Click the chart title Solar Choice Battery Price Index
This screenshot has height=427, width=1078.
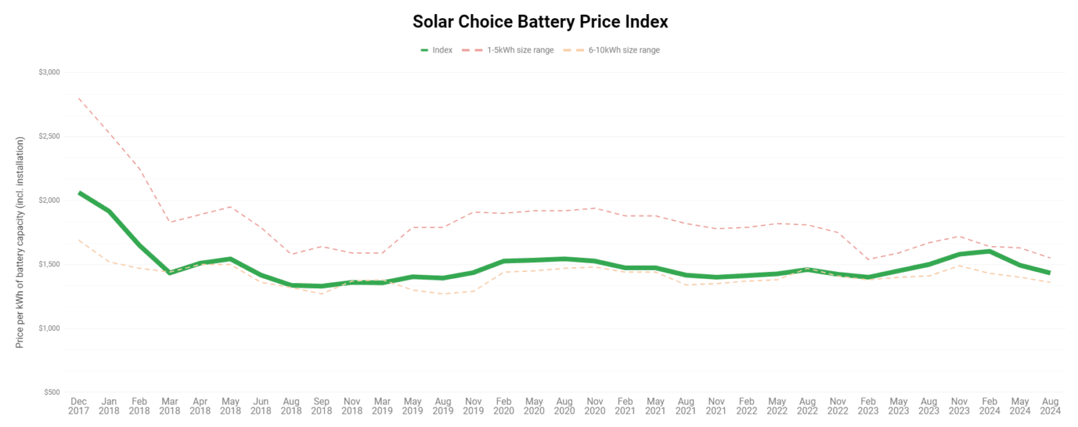tap(540, 22)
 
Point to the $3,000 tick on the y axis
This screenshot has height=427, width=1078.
tap(49, 72)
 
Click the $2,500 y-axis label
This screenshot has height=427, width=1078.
tap(49, 136)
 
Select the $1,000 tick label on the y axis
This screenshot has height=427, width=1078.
tap(49, 328)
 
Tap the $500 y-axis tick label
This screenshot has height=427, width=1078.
tap(51, 392)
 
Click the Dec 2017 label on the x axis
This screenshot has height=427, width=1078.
tap(79, 406)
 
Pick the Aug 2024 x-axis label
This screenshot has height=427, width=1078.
tap(1050, 406)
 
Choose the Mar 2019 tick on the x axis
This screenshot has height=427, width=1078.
tap(382, 406)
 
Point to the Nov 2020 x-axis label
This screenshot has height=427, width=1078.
tap(594, 406)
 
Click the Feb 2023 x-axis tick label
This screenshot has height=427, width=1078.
tap(868, 406)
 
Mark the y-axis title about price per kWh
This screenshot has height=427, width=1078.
tap(20, 242)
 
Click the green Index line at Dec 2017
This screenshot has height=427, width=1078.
tap(79, 192)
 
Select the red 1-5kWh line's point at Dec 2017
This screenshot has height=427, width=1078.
tap(79, 98)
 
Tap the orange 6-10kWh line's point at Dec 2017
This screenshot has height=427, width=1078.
tap(79, 240)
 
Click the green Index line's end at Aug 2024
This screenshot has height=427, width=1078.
tap(1049, 273)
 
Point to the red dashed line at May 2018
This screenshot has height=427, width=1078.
tap(230, 207)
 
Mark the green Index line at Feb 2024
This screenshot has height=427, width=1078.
tap(989, 251)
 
